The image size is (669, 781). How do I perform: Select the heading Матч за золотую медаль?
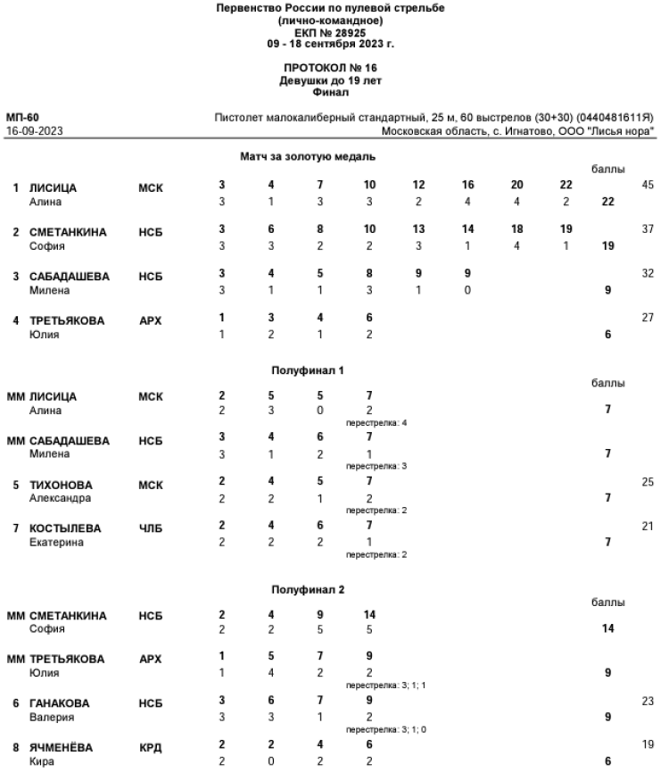[308, 156]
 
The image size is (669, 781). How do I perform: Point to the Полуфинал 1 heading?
[308, 369]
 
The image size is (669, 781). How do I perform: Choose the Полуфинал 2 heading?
[308, 589]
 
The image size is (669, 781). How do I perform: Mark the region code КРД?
[151, 747]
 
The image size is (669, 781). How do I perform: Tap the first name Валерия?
[52, 717]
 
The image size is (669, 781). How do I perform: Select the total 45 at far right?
[648, 185]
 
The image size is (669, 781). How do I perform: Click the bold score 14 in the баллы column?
[607, 629]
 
